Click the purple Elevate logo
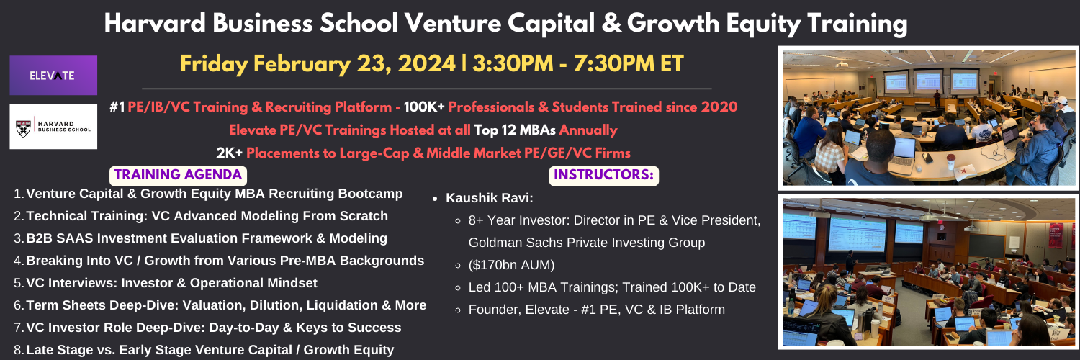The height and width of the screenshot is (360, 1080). pyautogui.click(x=53, y=75)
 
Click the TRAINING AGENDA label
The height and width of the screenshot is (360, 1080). pyautogui.click(x=178, y=175)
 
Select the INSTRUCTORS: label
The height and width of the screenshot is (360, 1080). pyautogui.click(x=603, y=175)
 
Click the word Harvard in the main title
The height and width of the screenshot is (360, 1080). pyautogui.click(x=156, y=23)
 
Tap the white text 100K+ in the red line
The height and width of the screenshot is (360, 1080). pyautogui.click(x=424, y=107)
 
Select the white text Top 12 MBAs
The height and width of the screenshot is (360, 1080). pyautogui.click(x=515, y=130)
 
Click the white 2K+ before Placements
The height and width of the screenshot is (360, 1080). pyautogui.click(x=229, y=153)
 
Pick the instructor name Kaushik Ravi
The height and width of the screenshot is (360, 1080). pyautogui.click(x=490, y=198)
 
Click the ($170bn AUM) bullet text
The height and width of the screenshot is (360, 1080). pyautogui.click(x=511, y=265)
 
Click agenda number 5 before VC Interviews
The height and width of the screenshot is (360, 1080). pyautogui.click(x=19, y=283)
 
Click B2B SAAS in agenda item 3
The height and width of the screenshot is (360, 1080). pyautogui.click(x=59, y=238)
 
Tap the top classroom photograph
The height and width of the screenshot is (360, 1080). pyautogui.click(x=928, y=118)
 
